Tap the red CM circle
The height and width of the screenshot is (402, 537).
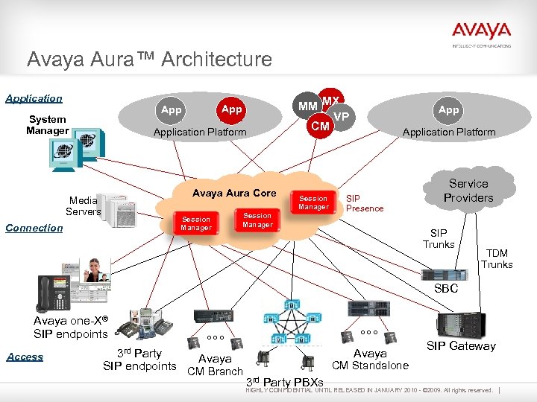click(x=320, y=127)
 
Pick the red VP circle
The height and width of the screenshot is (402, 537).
click(x=342, y=116)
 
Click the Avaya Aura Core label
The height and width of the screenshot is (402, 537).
click(x=233, y=193)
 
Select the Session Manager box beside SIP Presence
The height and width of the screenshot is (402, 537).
click(x=313, y=202)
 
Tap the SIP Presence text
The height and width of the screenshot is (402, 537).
click(x=364, y=203)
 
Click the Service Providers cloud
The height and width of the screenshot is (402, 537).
click(x=468, y=191)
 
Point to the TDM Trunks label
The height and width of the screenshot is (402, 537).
click(x=497, y=258)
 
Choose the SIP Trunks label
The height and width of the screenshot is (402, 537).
click(x=439, y=239)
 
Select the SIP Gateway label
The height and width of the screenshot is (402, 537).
click(x=461, y=345)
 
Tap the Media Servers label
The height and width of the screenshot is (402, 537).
click(x=83, y=205)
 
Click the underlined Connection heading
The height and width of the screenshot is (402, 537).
click(x=34, y=228)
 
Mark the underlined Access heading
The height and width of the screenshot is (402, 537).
click(x=25, y=357)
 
